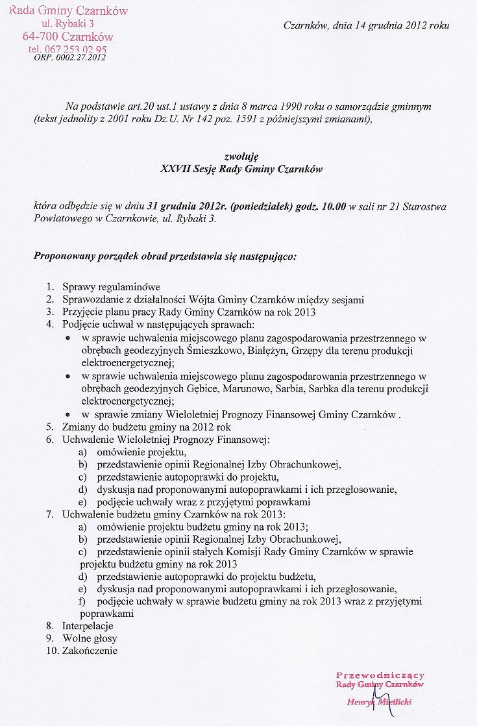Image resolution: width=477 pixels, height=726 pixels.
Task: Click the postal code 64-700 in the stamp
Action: [41, 36]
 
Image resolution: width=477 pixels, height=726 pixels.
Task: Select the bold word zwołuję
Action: [241, 156]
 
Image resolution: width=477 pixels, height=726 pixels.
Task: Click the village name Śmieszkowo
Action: [212, 351]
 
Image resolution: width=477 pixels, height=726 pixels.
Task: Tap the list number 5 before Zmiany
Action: [49, 427]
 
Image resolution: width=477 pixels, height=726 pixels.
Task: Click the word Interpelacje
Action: [88, 626]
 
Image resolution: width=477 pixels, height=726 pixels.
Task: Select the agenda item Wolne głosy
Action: [89, 638]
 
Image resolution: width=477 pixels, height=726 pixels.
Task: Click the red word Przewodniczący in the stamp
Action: [380, 675]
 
